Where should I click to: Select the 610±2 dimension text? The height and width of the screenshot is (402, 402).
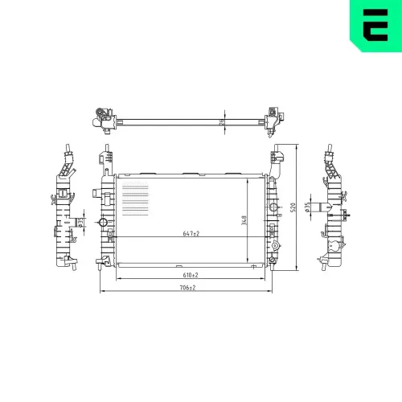(x=190, y=275)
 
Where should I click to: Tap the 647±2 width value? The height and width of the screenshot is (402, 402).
(x=191, y=233)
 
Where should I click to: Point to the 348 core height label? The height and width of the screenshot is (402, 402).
(x=244, y=219)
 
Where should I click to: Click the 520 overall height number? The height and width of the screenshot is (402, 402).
(x=293, y=207)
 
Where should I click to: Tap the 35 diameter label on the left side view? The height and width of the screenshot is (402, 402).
(x=81, y=222)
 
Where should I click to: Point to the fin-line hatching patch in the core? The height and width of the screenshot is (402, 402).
(x=134, y=197)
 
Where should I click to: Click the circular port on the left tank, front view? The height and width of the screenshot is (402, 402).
(x=102, y=223)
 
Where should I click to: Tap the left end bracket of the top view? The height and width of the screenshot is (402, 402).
(x=101, y=117)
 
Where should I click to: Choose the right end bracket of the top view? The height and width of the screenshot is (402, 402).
(x=275, y=117)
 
